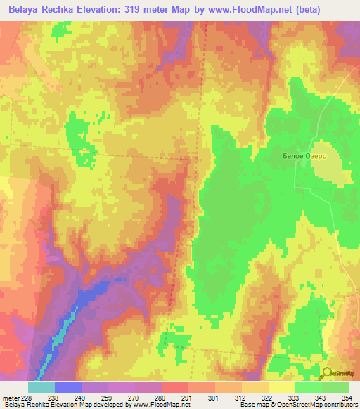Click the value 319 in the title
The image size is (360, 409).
pyautogui.click(x=157, y=10)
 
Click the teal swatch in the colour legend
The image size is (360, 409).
pyautogui.click(x=41, y=387)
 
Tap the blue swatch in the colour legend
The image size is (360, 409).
pyautogui.click(x=68, y=387)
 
